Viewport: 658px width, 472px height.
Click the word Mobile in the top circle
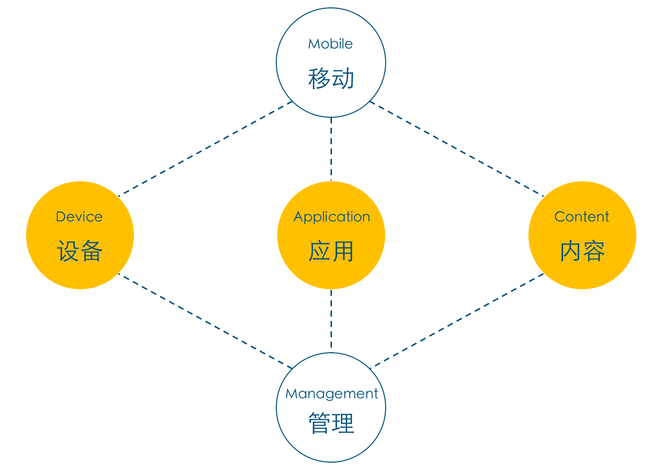click(330, 44)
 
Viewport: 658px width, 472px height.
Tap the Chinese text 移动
click(331, 78)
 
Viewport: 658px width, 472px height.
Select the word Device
click(79, 217)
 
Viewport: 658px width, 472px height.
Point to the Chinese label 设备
click(80, 251)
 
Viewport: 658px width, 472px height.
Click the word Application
click(331, 217)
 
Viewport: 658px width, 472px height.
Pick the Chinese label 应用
click(331, 251)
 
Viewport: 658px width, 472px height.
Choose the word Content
click(582, 217)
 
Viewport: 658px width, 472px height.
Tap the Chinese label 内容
click(582, 251)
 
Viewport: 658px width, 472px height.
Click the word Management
click(331, 394)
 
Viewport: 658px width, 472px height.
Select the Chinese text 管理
click(331, 423)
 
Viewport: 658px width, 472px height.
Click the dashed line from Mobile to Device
click(205, 149)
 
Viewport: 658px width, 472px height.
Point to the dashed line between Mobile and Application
click(331, 149)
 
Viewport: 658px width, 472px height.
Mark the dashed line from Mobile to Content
click(457, 149)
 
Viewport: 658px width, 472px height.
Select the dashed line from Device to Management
click(205, 321)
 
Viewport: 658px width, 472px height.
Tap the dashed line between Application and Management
click(331, 321)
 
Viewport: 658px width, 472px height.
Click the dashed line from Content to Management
click(457, 321)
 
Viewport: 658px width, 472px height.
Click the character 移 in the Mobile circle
click(319, 78)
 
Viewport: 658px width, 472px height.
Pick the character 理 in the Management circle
click(343, 423)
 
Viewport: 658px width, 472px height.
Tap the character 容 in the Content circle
click(594, 251)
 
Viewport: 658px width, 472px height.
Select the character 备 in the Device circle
click(92, 251)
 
